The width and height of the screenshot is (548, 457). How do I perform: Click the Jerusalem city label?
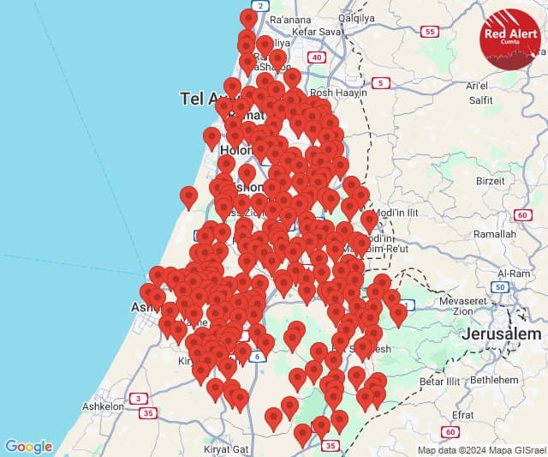coord(502,334)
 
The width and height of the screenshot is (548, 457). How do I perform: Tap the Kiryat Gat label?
coord(227,448)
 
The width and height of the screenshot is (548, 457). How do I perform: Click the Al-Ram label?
coord(512,273)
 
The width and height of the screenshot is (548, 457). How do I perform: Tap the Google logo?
coord(28,446)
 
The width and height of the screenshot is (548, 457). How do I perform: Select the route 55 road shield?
coord(431,32)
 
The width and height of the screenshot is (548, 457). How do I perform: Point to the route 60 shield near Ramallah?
coord(522,214)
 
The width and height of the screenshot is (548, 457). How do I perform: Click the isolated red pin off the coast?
coord(188,197)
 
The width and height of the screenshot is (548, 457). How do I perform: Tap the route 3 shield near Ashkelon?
coord(137,398)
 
